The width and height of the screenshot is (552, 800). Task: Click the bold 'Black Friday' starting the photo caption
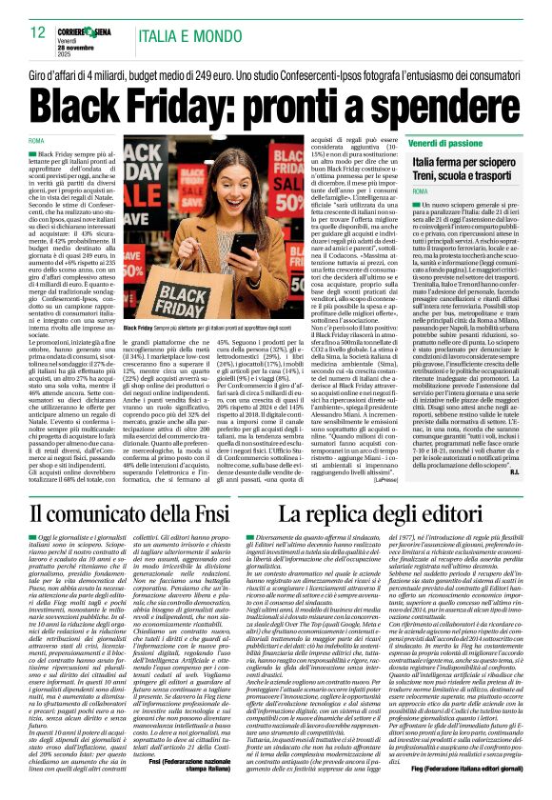[x=140, y=328]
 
